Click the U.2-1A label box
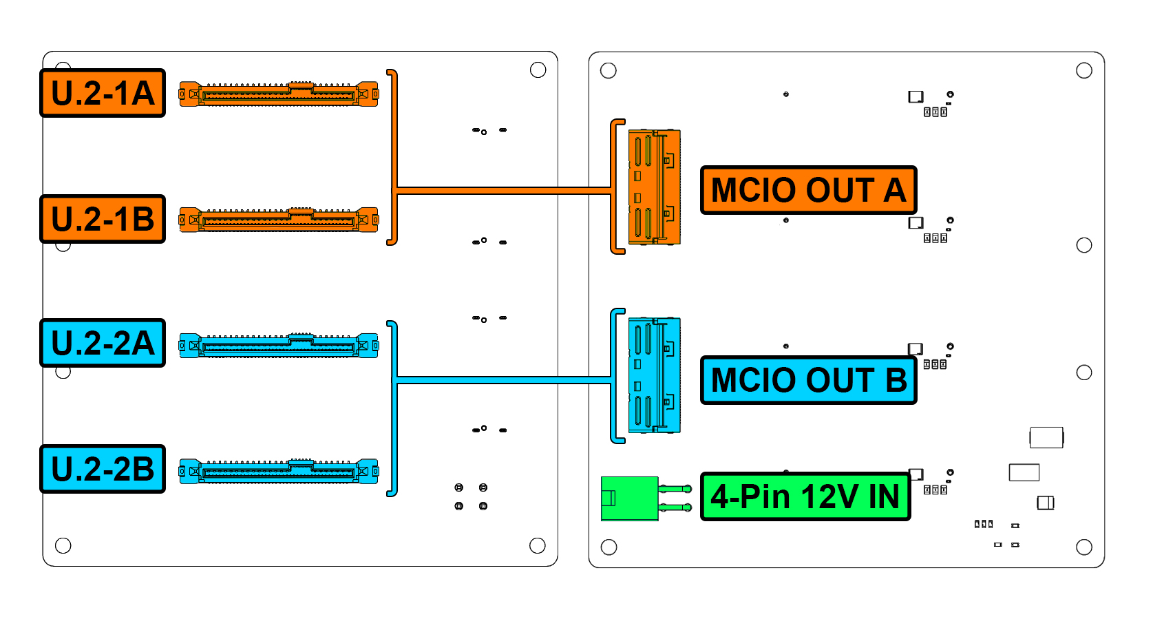point(103,93)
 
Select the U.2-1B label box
point(103,219)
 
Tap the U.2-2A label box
point(103,343)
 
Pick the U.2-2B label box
point(103,469)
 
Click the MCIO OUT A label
point(808,190)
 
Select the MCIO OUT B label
point(808,380)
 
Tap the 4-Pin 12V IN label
point(805,496)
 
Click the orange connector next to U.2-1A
point(279,94)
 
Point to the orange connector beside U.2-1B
point(279,220)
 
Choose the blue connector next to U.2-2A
point(279,345)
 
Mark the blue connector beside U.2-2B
point(279,471)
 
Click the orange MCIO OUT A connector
point(654,187)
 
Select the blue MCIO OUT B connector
point(654,375)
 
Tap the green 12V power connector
point(630,498)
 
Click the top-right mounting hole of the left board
point(538,70)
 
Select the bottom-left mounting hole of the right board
point(609,547)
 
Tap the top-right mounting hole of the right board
point(1084,70)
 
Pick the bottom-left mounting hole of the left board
point(63,546)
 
